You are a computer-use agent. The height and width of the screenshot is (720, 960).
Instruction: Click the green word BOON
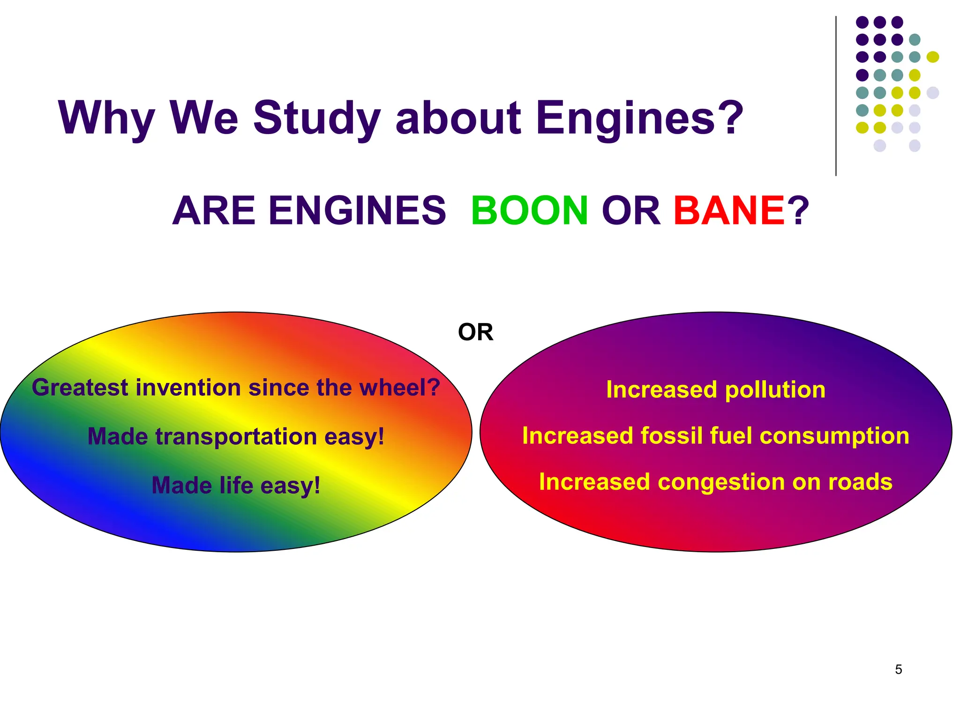click(x=529, y=210)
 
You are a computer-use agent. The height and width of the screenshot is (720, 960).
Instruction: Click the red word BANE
click(x=728, y=210)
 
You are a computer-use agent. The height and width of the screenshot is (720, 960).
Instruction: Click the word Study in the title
click(x=316, y=118)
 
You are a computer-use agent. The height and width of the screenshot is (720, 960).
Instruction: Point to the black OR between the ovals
click(x=475, y=332)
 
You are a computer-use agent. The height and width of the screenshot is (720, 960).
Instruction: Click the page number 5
click(x=898, y=669)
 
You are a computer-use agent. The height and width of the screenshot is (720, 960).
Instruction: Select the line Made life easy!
click(x=236, y=486)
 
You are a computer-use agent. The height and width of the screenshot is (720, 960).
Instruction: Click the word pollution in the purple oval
click(x=775, y=390)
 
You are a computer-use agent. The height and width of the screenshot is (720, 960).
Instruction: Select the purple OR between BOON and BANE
click(x=630, y=210)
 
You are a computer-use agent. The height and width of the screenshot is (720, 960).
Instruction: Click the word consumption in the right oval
click(x=834, y=436)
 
